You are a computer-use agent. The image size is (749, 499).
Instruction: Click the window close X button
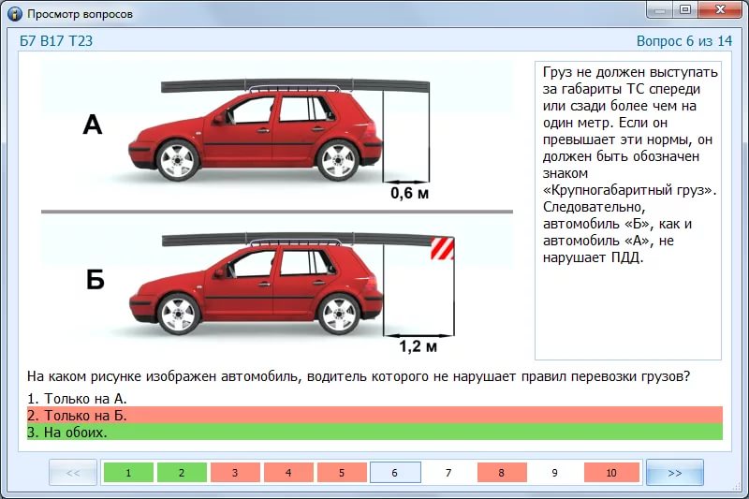tap(719, 9)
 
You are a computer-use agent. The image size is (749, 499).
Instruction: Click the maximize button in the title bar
tap(685, 9)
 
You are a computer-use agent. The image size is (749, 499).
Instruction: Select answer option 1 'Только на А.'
tap(77, 398)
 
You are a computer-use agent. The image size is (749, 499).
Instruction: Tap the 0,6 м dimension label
tap(409, 193)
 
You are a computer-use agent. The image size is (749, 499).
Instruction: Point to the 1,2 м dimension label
tap(418, 345)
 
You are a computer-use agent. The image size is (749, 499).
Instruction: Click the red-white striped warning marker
tap(442, 248)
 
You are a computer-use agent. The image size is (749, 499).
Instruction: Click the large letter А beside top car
tap(93, 125)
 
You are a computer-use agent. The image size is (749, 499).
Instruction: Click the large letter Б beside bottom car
tap(95, 279)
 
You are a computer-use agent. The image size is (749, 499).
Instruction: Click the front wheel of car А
tap(177, 160)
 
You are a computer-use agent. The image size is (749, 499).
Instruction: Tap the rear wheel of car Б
tap(339, 314)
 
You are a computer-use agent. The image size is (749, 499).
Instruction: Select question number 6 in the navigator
tap(395, 473)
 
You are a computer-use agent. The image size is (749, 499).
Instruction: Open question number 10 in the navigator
tap(611, 473)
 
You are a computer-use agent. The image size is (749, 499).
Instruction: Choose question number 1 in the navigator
tap(128, 473)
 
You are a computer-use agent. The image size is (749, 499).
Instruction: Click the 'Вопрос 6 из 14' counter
tap(684, 41)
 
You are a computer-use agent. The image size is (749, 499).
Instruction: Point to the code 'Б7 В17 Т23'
tap(56, 41)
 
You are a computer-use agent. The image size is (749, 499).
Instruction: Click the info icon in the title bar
tap(15, 14)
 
